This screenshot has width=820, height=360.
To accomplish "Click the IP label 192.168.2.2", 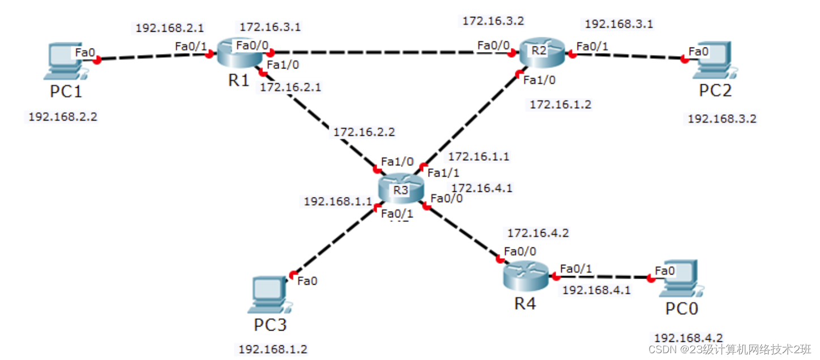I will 63,117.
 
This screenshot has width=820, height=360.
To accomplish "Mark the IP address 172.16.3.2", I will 493,21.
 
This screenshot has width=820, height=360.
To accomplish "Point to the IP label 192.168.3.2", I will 721,119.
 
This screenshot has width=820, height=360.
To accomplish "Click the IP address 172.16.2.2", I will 364,132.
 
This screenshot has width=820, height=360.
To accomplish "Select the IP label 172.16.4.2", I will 537,233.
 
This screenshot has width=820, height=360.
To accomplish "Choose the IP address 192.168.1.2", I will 273,349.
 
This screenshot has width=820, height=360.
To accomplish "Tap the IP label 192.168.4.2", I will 688,337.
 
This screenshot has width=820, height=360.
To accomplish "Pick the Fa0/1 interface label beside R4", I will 576,269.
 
